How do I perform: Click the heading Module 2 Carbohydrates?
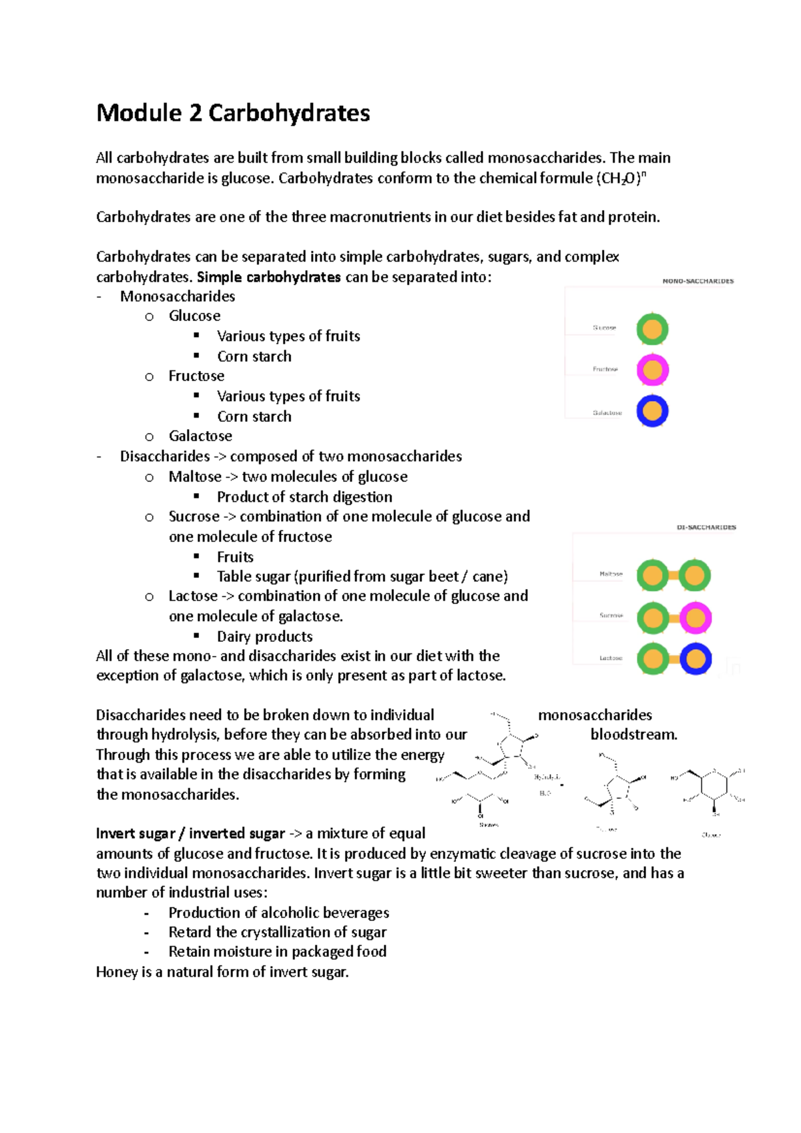tap(233, 113)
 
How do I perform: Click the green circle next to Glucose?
tap(652, 329)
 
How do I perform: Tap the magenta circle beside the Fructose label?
tap(652, 370)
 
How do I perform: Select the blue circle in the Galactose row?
tap(652, 411)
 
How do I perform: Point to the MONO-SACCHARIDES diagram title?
tap(698, 281)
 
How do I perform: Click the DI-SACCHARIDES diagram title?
tap(706, 527)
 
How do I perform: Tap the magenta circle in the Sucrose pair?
tap(695, 618)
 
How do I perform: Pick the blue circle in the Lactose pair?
tap(695, 659)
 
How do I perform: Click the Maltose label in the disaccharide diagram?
tap(610, 574)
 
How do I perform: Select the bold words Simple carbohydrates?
tap(269, 277)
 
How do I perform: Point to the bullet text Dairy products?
tap(264, 637)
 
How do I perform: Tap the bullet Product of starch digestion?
tap(304, 497)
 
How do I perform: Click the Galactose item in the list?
tap(200, 436)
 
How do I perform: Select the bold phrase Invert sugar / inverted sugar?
tap(190, 833)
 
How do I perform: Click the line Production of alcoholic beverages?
tap(278, 913)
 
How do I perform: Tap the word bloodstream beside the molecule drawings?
tap(633, 735)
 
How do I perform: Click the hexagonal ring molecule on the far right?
tap(714, 786)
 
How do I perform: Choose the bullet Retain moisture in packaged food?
tap(277, 952)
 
